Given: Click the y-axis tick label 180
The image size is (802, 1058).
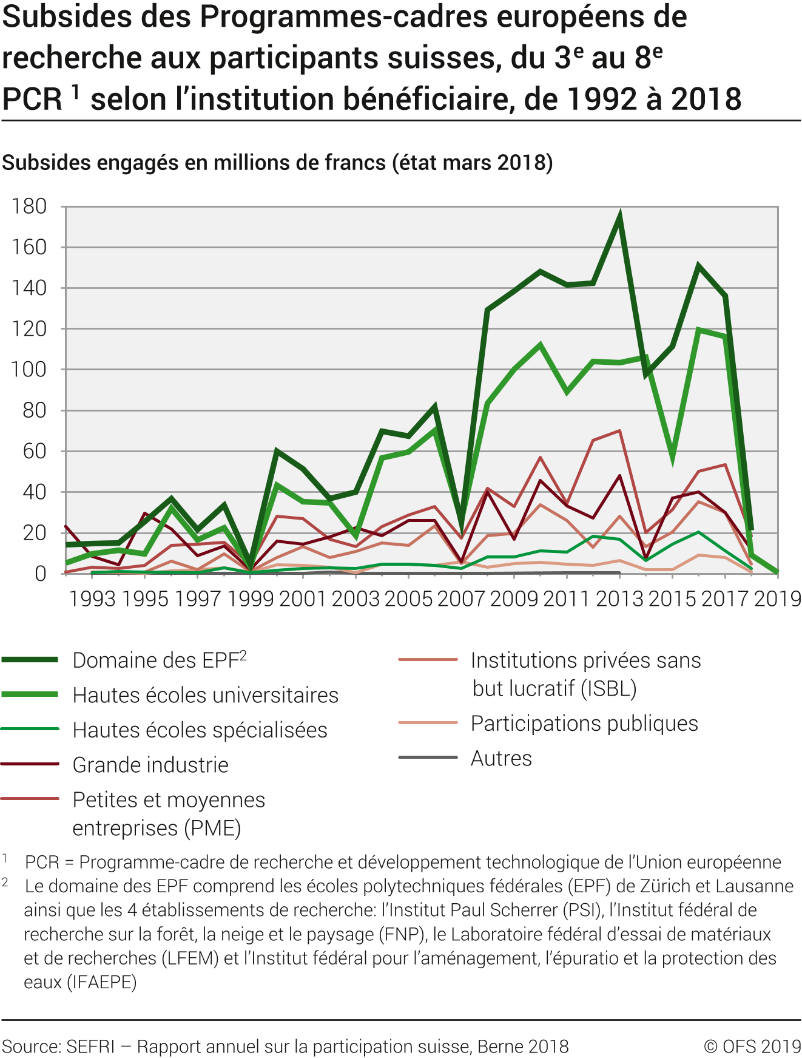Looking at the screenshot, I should tap(29, 206).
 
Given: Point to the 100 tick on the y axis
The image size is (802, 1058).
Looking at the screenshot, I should tap(29, 370).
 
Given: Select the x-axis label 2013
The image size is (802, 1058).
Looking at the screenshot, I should tap(619, 599).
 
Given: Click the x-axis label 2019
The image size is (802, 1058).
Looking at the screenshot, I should tap(777, 599).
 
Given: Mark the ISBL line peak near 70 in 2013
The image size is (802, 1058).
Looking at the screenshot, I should tap(619, 431).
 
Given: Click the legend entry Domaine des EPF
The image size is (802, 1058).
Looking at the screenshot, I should tap(159, 660).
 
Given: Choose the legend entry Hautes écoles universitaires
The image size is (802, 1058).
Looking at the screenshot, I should tap(205, 695).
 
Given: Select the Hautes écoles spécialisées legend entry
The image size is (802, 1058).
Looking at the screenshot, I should tap(200, 730).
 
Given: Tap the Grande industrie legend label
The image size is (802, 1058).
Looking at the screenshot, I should tap(150, 765).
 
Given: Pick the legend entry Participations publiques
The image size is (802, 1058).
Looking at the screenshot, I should tap(584, 724).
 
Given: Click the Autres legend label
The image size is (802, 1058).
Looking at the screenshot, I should tap(501, 758).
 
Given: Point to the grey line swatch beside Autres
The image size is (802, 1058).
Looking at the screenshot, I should tap(428, 758).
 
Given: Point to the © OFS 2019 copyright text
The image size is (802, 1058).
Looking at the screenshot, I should tap(752, 1046).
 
